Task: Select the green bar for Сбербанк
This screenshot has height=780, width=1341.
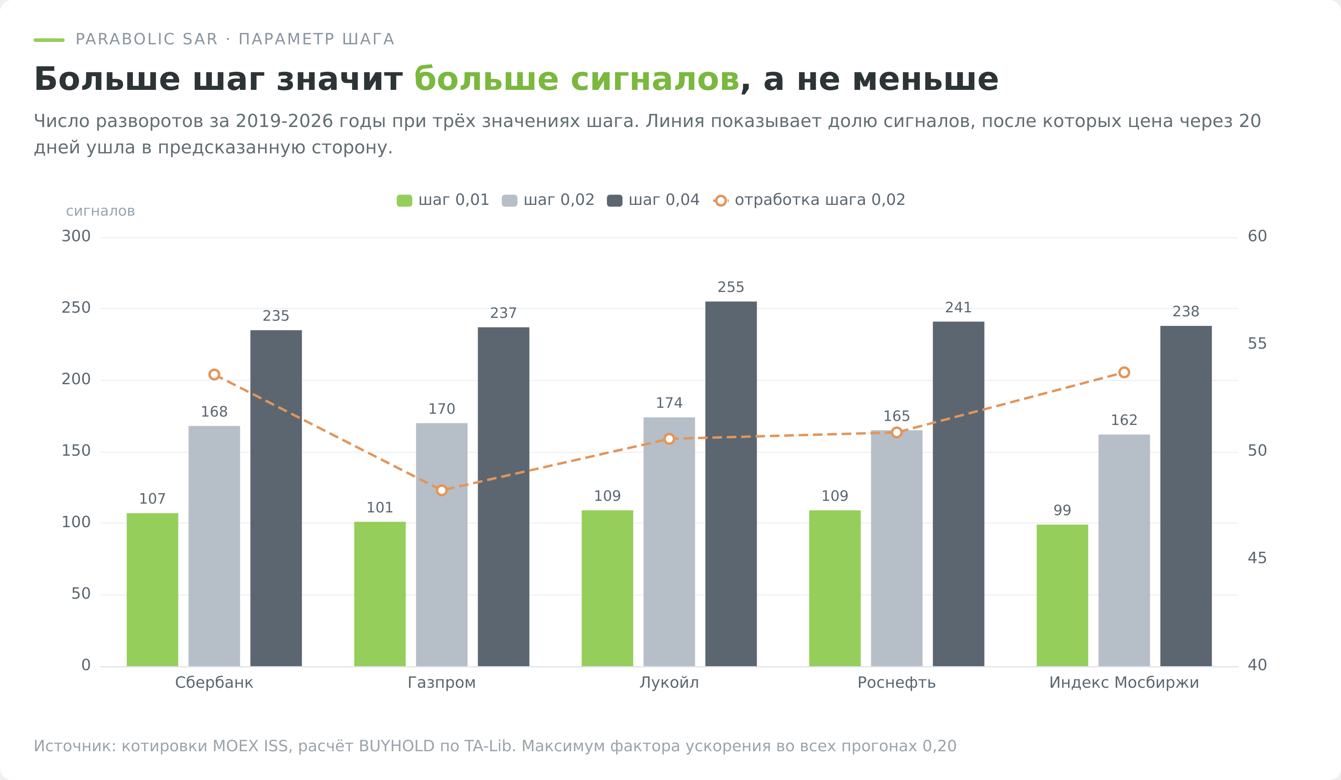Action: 152,589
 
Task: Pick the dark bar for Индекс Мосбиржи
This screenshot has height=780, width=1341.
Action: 1186,496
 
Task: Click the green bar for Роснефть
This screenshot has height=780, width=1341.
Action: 835,588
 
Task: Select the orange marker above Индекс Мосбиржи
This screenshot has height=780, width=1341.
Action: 1124,372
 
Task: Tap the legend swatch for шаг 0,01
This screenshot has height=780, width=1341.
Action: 404,201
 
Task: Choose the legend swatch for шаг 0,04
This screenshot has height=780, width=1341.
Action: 615,201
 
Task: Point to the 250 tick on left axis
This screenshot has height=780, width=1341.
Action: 76,308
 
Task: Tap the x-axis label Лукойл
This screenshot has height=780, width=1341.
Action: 669,683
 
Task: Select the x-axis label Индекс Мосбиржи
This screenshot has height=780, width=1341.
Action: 1124,683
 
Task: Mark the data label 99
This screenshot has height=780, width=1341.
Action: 1062,510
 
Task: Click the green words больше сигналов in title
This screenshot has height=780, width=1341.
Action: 577,79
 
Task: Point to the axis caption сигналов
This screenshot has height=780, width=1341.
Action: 101,211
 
